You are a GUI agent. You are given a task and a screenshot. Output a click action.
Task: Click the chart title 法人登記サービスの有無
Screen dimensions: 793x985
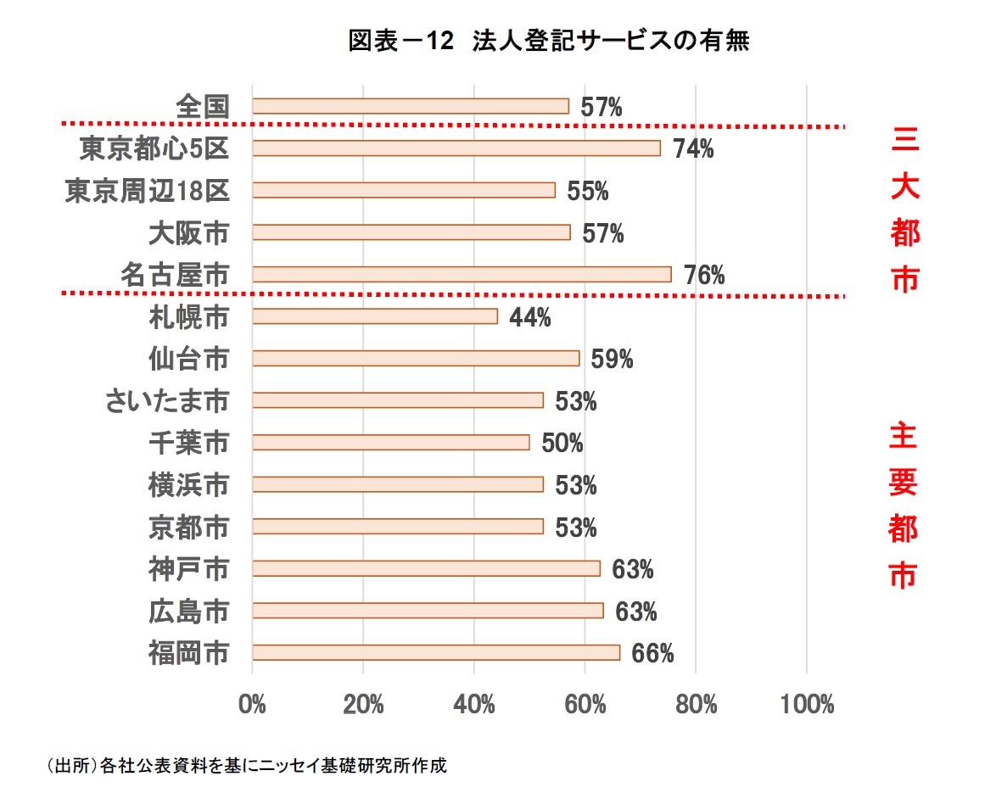[x=549, y=42]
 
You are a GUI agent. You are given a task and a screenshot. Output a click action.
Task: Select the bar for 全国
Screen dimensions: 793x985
[x=411, y=106]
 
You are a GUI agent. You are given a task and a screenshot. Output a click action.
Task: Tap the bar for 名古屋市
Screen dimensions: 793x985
[x=462, y=274]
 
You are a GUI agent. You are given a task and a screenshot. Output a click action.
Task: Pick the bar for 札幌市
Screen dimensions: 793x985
[x=375, y=316]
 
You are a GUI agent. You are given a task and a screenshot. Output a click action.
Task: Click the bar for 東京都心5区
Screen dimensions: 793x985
[x=456, y=148]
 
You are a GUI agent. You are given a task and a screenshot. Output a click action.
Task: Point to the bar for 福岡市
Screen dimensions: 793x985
[x=436, y=652]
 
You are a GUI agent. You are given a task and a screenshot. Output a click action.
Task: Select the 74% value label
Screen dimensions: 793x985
[x=693, y=149]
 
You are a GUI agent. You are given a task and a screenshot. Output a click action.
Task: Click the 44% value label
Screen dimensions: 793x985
[x=530, y=317]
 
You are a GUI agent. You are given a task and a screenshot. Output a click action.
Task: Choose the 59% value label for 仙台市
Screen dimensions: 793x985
[x=613, y=359]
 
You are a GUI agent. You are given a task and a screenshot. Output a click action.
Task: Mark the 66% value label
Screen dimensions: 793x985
[x=652, y=653]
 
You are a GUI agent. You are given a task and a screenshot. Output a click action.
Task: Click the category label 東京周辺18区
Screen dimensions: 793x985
[x=148, y=191]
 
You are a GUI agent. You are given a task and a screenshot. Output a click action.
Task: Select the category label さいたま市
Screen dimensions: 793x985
[x=167, y=400]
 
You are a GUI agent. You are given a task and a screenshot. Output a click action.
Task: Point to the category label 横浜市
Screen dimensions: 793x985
[x=188, y=485]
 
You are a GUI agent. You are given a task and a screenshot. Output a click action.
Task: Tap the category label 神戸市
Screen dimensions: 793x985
[x=188, y=569]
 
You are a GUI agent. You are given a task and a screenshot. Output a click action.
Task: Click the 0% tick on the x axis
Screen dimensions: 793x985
[x=253, y=705]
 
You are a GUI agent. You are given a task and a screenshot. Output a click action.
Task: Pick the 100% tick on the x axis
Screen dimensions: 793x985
[x=806, y=705]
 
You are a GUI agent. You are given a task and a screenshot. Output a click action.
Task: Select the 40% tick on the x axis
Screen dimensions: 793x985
[x=474, y=705]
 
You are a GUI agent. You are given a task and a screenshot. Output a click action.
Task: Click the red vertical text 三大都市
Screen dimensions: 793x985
[x=904, y=209]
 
